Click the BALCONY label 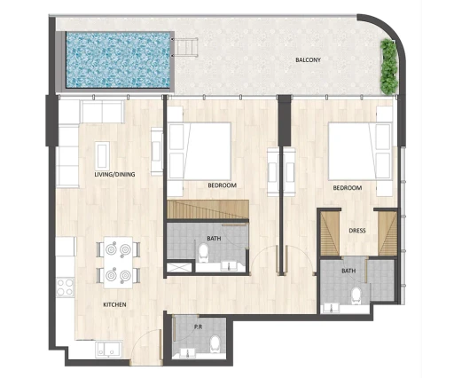pos(309,60)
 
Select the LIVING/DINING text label pos(114,175)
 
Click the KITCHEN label pos(114,304)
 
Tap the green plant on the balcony pos(388,67)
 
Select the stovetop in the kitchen pos(64,287)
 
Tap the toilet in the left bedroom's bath pos(203,253)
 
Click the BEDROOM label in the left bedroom pos(221,187)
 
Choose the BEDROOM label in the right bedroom pos(348,188)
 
